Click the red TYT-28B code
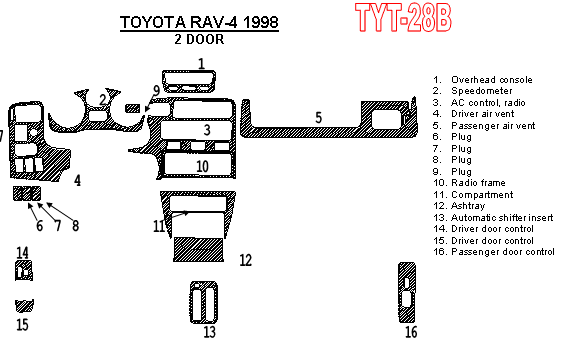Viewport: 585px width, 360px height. [403, 18]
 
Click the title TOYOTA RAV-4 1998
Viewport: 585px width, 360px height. [199, 22]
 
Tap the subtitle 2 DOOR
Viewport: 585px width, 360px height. [199, 39]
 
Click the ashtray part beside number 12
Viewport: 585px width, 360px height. [198, 249]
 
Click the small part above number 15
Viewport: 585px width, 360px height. [24, 306]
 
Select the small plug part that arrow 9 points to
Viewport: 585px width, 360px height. [133, 108]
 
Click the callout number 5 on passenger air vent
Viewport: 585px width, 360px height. [318, 118]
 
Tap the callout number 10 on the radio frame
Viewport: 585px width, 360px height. [202, 166]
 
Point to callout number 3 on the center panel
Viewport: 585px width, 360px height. [207, 130]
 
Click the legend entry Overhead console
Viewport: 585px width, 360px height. [491, 80]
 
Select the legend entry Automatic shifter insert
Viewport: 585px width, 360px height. [502, 217]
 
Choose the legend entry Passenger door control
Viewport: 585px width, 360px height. [503, 252]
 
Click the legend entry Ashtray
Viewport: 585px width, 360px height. [468, 206]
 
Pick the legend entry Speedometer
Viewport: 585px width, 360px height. [482, 91]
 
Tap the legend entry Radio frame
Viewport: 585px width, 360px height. [478, 183]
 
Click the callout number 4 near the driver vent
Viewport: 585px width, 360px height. [77, 181]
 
